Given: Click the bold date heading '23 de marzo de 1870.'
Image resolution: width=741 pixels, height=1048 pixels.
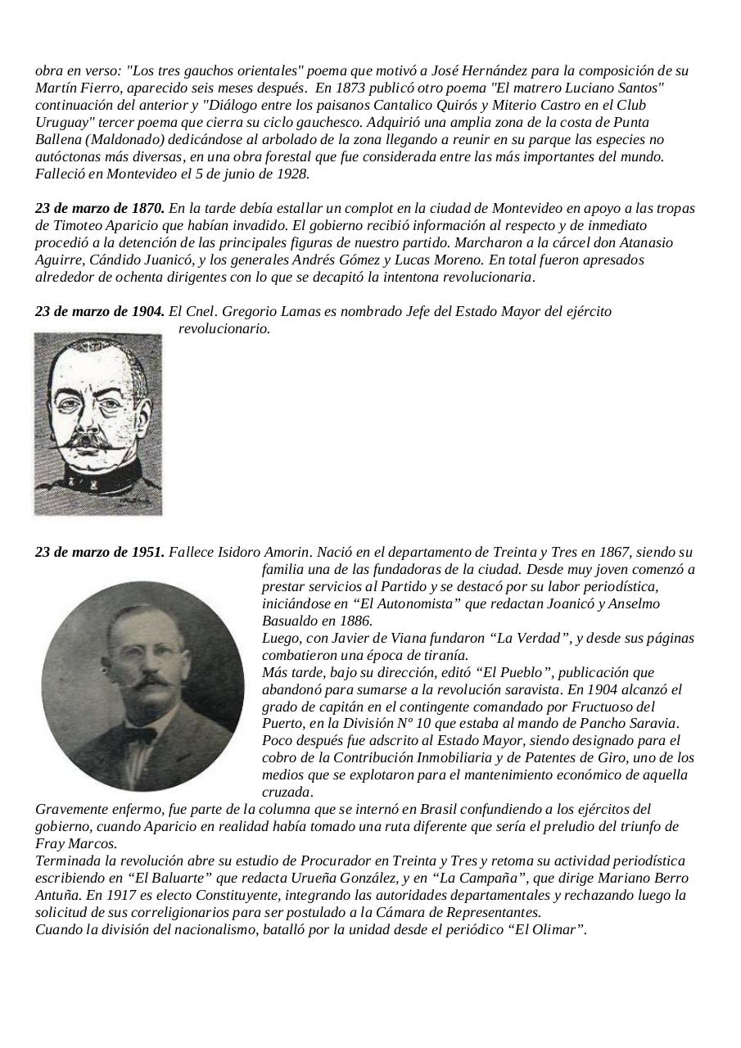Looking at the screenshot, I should (x=100, y=208).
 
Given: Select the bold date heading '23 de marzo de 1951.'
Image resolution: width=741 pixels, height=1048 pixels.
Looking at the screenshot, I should (x=100, y=552).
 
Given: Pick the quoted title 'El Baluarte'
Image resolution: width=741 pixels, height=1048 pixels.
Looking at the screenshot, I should (x=170, y=878).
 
